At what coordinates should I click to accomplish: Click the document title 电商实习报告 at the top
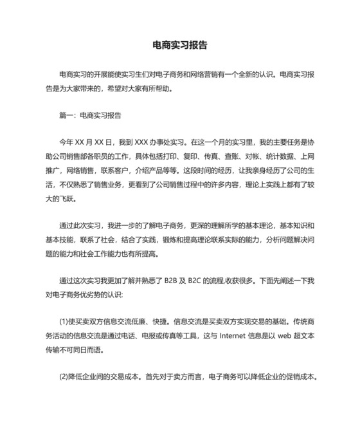[x=180, y=46]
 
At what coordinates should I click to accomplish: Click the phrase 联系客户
[x=111, y=171]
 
